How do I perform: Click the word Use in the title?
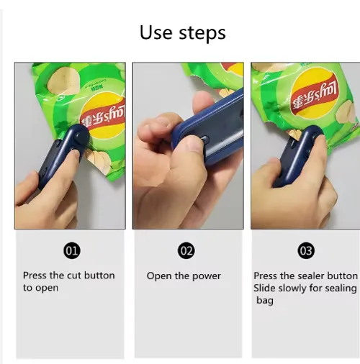156,32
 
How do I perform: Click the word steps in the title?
202,33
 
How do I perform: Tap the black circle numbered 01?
72,250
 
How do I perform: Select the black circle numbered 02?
186,250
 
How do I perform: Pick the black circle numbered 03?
306,250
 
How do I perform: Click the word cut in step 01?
74,276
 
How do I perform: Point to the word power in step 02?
207,276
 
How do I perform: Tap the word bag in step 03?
265,301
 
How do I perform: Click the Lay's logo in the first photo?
103,117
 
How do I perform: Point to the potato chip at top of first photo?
63,81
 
